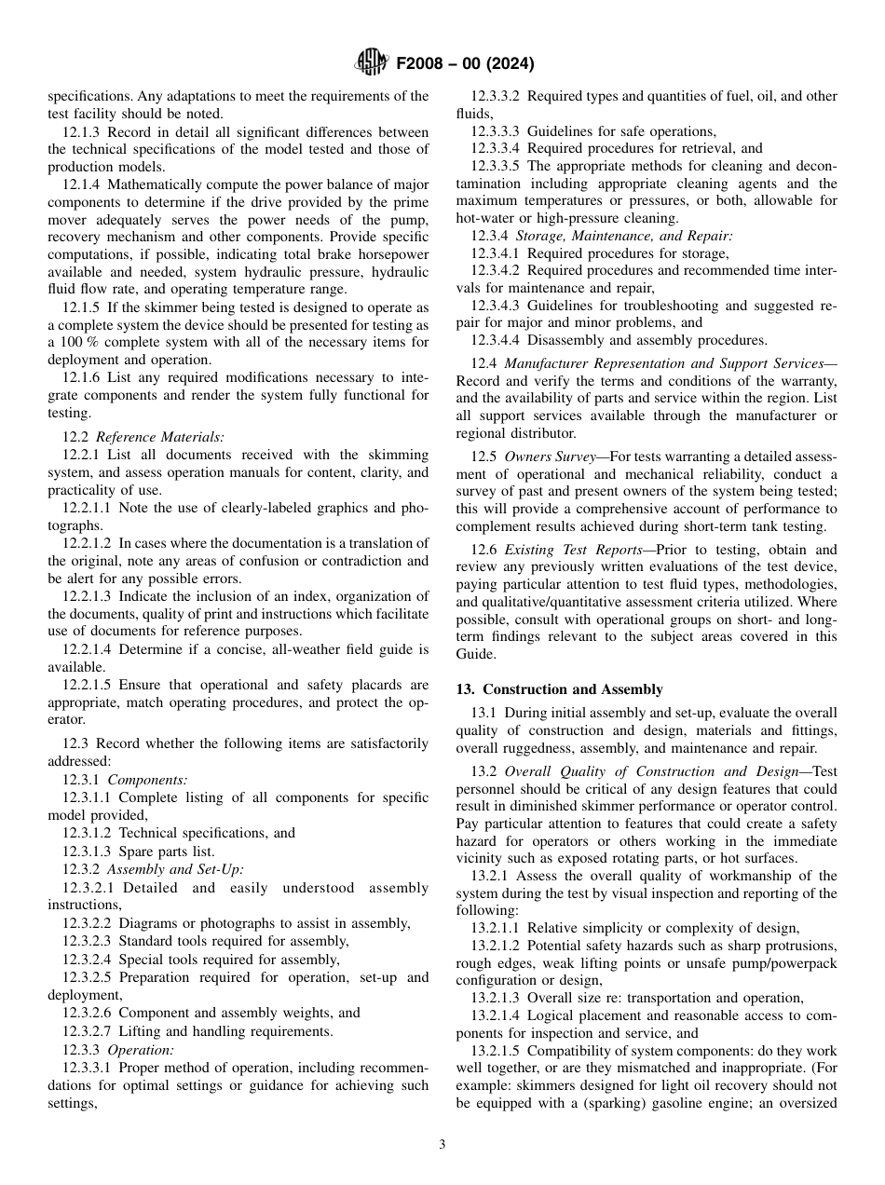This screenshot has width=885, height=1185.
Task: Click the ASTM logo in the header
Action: [373, 63]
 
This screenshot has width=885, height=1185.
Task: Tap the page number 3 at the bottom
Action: [442, 1144]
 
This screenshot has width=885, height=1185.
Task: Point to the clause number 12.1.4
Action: [83, 184]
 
